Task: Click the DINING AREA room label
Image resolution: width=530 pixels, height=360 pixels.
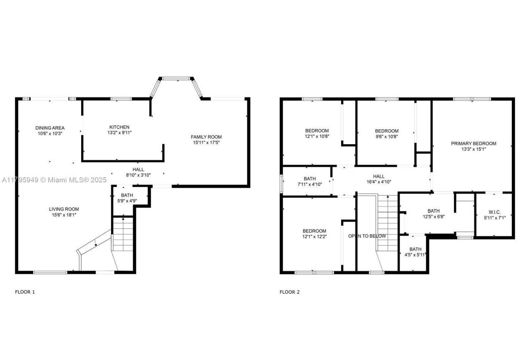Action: (x=50, y=128)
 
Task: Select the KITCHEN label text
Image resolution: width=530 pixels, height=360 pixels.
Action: (x=119, y=127)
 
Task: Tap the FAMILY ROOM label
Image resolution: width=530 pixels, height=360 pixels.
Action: (x=206, y=137)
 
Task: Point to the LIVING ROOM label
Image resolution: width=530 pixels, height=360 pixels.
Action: (x=64, y=209)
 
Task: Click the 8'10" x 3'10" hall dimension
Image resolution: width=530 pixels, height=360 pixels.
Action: (x=138, y=175)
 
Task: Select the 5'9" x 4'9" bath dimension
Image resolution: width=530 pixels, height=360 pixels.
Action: (x=127, y=201)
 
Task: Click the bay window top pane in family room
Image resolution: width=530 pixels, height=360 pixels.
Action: (x=178, y=78)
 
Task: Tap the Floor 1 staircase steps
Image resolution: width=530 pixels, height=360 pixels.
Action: (x=123, y=234)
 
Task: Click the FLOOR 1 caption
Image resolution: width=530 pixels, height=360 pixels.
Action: (x=25, y=292)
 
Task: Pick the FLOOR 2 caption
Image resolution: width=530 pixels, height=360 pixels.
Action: (x=289, y=292)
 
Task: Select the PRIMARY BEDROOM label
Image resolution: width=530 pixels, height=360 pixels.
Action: (x=473, y=144)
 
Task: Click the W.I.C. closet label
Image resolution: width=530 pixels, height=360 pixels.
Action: (x=495, y=212)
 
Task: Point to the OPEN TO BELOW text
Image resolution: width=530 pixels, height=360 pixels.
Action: (x=367, y=236)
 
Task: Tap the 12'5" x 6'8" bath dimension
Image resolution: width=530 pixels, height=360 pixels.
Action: (x=434, y=217)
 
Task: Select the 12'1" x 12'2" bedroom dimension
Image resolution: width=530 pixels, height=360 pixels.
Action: (x=314, y=237)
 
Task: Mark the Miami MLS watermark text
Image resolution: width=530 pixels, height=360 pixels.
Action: (x=53, y=180)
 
